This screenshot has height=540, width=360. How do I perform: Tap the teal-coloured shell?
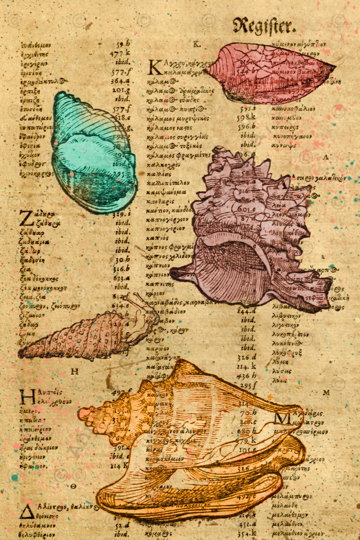coord(92,153)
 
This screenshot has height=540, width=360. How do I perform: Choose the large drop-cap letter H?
coord(26,397)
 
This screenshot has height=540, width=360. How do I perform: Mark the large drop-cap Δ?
coord(26,511)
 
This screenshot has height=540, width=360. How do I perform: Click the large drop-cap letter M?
coord(283,418)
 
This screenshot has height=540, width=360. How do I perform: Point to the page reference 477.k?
coord(120,53)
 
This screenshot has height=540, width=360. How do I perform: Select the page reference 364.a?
coord(121,81)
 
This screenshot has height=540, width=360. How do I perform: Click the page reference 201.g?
coord(121,90)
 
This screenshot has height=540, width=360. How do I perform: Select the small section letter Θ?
coord(73,486)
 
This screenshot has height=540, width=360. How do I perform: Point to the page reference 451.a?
coord(247,523)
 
